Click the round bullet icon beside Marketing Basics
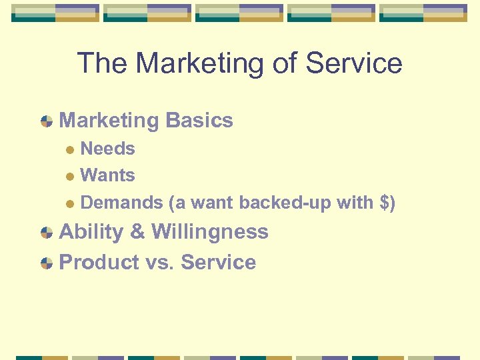coord(46,121)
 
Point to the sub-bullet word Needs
coord(107,149)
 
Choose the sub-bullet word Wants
coord(107,175)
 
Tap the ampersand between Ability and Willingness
coord(137,232)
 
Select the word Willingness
coord(210,232)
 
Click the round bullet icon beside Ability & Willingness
coord(46,233)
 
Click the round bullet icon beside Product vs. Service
coord(46,263)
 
